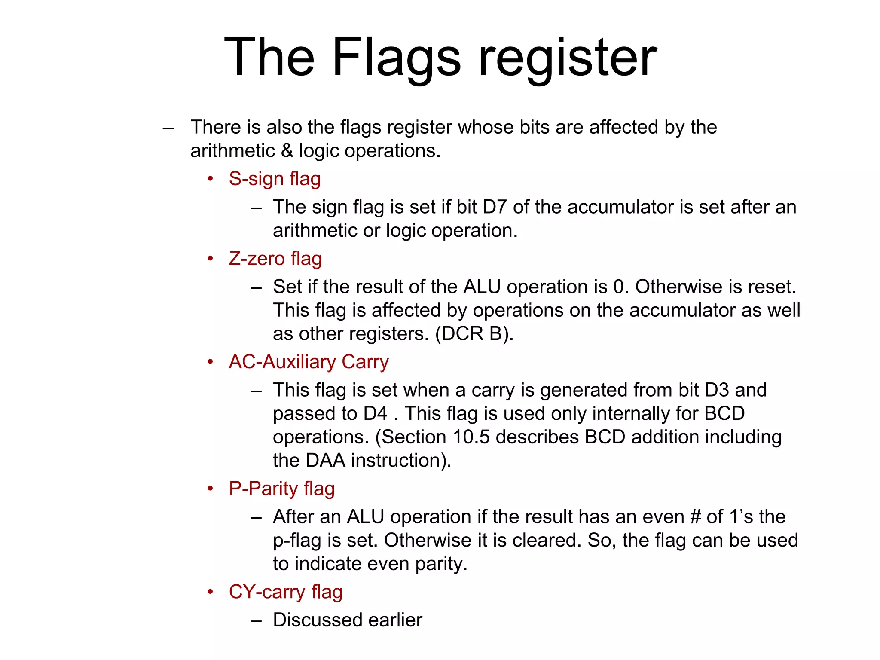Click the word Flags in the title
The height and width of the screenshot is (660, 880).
click(x=396, y=57)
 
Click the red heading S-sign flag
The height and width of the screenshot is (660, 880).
click(x=275, y=179)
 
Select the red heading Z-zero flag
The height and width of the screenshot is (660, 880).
click(x=275, y=259)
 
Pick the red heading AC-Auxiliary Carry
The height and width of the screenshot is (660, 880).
click(x=309, y=362)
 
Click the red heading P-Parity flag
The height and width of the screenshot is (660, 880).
click(x=281, y=489)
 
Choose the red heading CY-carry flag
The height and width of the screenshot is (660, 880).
click(x=285, y=592)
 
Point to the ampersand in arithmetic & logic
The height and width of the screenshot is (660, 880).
click(x=287, y=151)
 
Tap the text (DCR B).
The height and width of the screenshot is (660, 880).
click(x=474, y=334)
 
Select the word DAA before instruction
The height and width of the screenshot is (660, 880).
click(x=325, y=461)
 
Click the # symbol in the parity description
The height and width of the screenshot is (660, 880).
click(x=695, y=517)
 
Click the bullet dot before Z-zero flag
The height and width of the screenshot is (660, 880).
click(x=210, y=259)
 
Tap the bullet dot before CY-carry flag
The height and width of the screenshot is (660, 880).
click(x=210, y=592)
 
